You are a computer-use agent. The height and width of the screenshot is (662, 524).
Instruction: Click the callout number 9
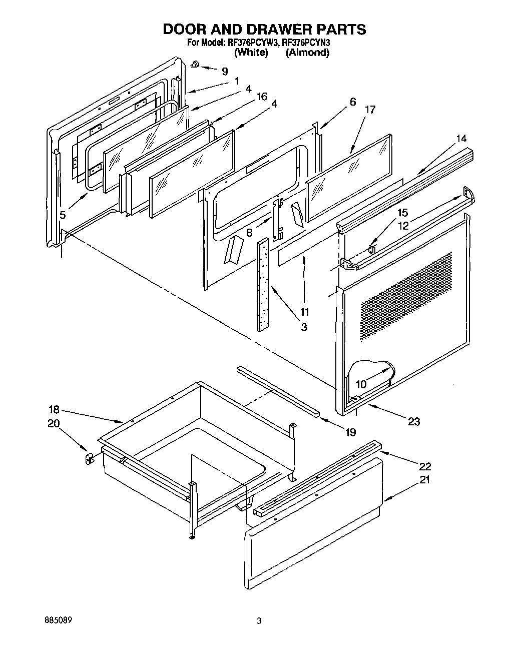click(x=224, y=71)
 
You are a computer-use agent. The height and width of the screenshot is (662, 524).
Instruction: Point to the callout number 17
click(x=370, y=110)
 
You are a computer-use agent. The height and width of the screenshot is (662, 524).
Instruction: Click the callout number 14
click(x=461, y=138)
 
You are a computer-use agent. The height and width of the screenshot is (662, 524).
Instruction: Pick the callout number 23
click(x=414, y=421)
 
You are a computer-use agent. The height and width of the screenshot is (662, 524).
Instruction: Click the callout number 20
click(x=54, y=423)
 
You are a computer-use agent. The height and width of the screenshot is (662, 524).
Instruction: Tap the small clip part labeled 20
click(x=89, y=458)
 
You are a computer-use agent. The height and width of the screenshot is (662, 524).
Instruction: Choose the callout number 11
click(x=304, y=312)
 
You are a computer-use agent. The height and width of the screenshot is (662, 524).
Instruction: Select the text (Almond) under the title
click(x=307, y=52)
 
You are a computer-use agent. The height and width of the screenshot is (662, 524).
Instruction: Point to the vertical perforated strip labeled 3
click(x=263, y=284)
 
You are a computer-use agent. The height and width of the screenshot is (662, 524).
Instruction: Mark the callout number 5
click(x=63, y=215)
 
